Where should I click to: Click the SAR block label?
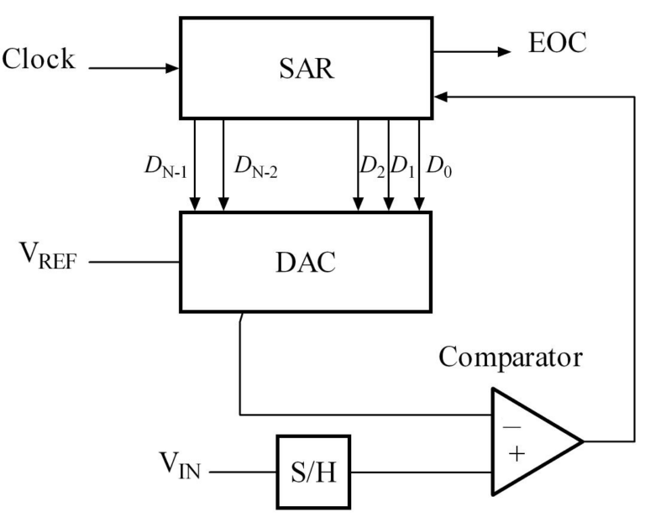307,68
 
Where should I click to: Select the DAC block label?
306,262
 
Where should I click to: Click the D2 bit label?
372,163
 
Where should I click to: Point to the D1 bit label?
405,163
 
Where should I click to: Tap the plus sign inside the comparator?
515,455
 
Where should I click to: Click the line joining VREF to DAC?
134,263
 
